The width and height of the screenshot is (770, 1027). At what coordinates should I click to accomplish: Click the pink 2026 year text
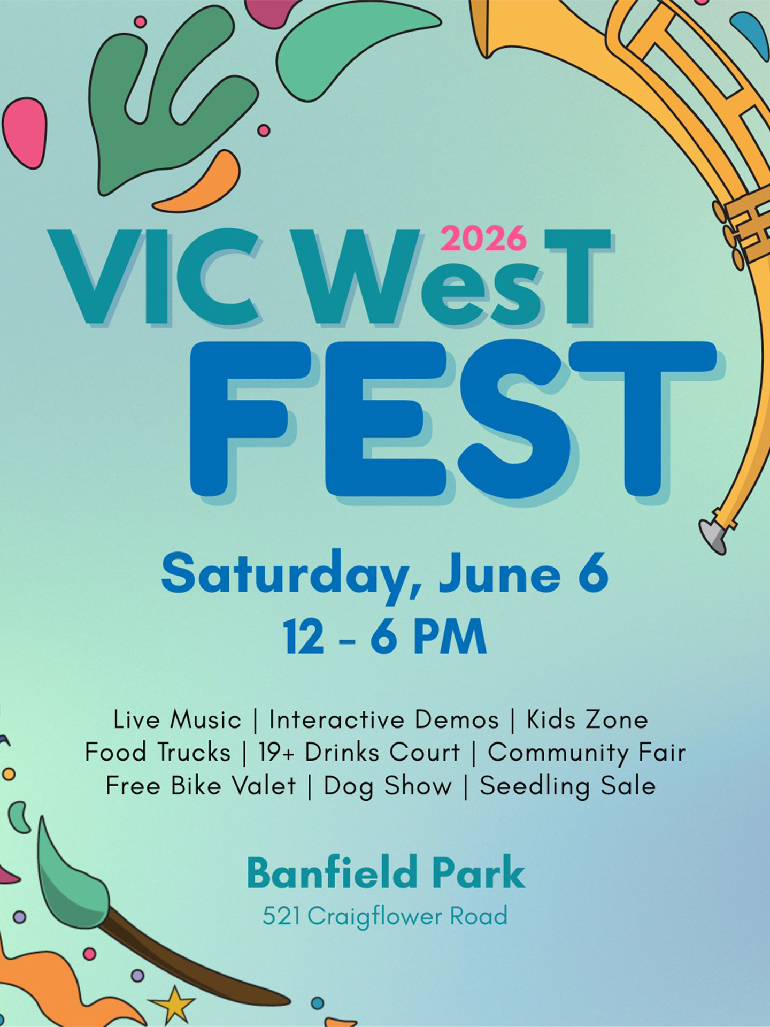coord(483,239)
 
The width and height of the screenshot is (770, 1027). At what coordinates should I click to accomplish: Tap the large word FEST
coord(453,420)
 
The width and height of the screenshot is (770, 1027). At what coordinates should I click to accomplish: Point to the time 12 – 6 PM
coord(385,637)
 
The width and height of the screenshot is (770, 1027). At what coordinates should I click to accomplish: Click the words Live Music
coord(178,719)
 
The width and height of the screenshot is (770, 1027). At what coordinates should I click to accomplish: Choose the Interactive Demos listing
coord(384,719)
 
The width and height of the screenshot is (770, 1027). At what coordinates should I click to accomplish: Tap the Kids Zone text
coord(587,719)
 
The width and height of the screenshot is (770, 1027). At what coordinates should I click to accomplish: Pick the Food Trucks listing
coord(158,753)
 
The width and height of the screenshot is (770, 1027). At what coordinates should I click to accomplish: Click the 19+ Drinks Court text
coord(359,753)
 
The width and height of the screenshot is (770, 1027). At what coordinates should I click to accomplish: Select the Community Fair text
coord(587,753)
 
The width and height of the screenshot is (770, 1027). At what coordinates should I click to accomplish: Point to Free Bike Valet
coord(201,786)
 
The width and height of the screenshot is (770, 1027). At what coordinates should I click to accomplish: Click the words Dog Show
coord(388,787)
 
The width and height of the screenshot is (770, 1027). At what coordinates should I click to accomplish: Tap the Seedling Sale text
coord(568,787)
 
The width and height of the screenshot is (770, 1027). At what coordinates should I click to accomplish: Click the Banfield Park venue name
coord(386,872)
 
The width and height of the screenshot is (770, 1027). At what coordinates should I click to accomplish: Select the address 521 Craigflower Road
coord(385,916)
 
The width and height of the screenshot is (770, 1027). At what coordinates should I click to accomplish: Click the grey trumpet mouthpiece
coord(713,537)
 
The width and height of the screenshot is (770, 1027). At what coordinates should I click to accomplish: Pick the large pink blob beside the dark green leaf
coord(25,133)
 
